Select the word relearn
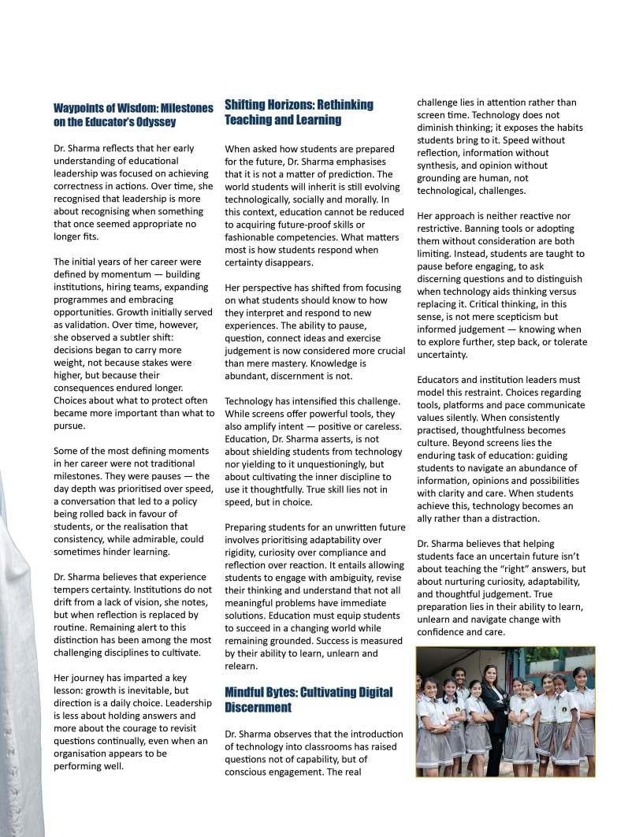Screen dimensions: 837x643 click(x=242, y=666)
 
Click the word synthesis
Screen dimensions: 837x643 click(x=440, y=166)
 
